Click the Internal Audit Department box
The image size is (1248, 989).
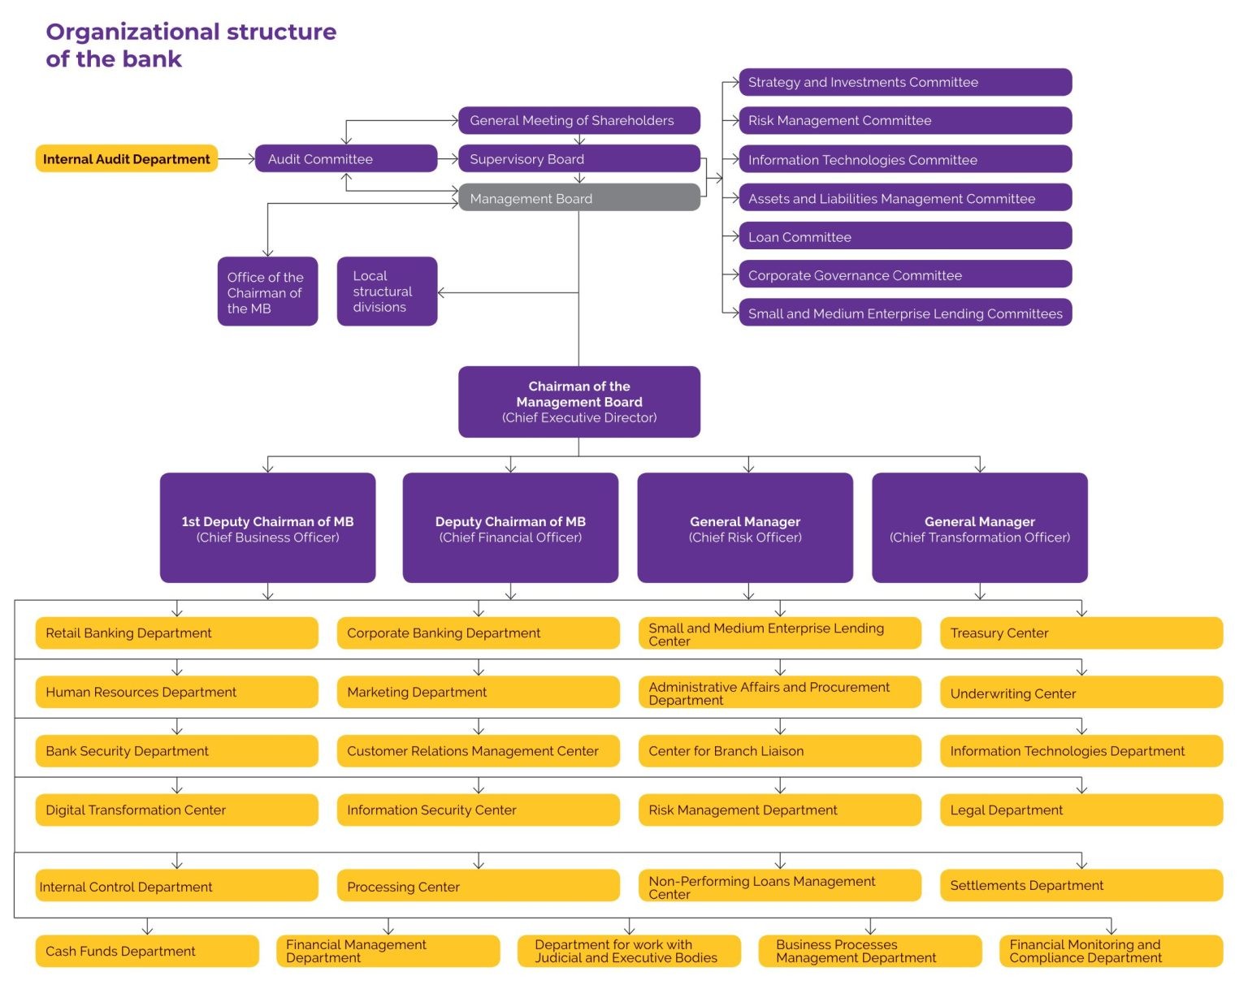pyautogui.click(x=126, y=159)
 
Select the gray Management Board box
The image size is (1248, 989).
pyautogui.click(x=578, y=198)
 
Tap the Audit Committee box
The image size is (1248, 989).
pyautogui.click(x=345, y=159)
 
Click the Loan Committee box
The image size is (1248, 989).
pyautogui.click(x=904, y=237)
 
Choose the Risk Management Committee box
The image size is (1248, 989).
pyautogui.click(x=904, y=121)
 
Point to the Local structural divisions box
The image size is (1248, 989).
pyautogui.click(x=387, y=292)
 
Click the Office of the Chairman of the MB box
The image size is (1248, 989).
pyautogui.click(x=267, y=292)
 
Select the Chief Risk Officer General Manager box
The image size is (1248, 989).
pyautogui.click(x=745, y=528)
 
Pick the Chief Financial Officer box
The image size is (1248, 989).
pyautogui.click(x=510, y=528)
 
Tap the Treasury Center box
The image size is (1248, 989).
pyautogui.click(x=1081, y=633)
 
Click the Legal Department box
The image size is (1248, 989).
pyautogui.click(x=1081, y=810)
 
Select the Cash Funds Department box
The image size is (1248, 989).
pyautogui.click(x=147, y=951)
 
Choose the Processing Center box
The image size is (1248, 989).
pyautogui.click(x=478, y=887)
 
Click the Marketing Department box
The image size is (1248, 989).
pyautogui.click(x=478, y=693)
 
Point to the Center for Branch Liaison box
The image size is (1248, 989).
pyautogui.click(x=779, y=751)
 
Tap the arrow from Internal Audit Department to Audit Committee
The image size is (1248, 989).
pyautogui.click(x=236, y=159)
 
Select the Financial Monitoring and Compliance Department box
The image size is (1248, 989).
pyautogui.click(x=1110, y=951)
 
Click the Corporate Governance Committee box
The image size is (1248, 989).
pyautogui.click(x=904, y=275)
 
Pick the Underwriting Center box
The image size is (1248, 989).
pyautogui.click(x=1081, y=693)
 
